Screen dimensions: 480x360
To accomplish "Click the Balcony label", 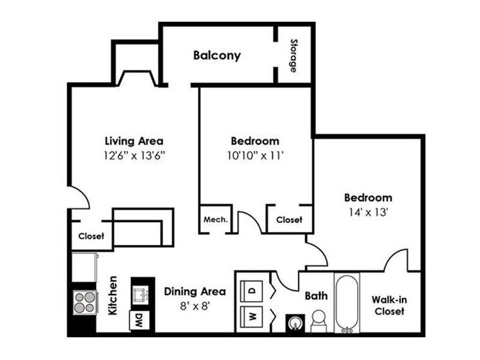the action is (x=217, y=56).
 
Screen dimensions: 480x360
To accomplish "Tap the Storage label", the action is (x=294, y=56).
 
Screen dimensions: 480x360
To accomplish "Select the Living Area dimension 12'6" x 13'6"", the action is (x=134, y=156).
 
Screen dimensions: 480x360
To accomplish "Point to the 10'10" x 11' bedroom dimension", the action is (x=255, y=156).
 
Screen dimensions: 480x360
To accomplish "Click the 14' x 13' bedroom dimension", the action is (x=368, y=212).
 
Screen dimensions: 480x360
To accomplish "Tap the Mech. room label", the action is (x=215, y=220).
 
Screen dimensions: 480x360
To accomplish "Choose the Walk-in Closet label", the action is (x=389, y=305).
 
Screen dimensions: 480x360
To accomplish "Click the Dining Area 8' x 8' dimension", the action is (x=194, y=305).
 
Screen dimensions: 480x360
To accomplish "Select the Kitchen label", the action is (x=113, y=295).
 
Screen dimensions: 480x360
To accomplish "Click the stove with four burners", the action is (x=85, y=302).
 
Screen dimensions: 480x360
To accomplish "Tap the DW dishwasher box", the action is (x=139, y=320).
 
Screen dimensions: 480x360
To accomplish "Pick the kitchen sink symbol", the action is (x=140, y=295).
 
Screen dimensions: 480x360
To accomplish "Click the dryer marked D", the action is (x=251, y=291).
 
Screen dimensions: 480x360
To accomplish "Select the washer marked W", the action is (x=251, y=317).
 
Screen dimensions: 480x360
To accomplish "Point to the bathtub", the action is (x=347, y=303).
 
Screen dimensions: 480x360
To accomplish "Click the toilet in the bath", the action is (x=319, y=321).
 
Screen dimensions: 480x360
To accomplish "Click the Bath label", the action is (x=316, y=296).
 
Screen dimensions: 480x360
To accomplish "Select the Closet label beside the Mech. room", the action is (x=289, y=220).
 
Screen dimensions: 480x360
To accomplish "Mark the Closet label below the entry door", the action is (x=91, y=236).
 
